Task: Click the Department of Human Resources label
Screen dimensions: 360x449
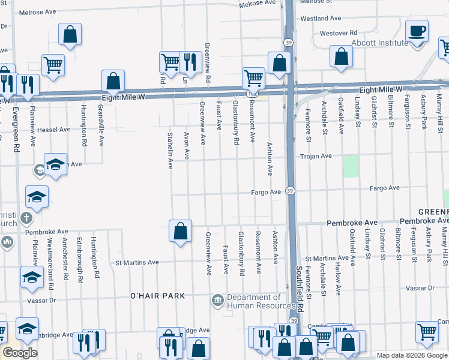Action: pos(254,301)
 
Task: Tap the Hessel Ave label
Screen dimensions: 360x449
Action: pos(54,130)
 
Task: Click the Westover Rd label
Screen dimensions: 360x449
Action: pos(339,33)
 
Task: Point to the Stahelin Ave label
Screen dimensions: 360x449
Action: pos(170,151)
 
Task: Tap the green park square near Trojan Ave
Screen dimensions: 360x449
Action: pos(351,166)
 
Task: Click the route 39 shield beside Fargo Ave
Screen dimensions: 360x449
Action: pos(290,191)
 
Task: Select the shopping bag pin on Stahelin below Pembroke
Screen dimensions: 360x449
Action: pos(180,232)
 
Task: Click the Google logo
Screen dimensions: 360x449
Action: pos(19,353)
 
